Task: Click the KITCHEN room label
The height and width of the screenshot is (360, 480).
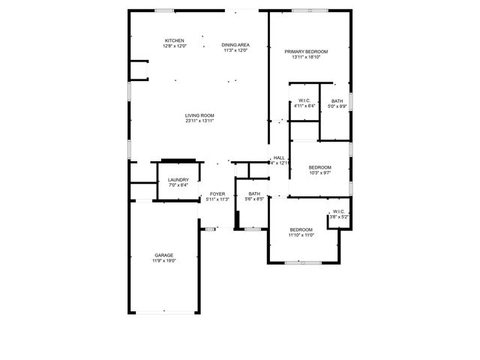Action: click(175, 40)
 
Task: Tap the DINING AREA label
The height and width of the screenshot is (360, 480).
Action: click(235, 45)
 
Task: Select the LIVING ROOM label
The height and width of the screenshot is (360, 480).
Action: click(200, 115)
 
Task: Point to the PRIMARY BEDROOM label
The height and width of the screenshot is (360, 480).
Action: click(306, 51)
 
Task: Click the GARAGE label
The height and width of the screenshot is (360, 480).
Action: click(163, 256)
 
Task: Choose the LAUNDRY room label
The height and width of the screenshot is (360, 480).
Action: click(178, 179)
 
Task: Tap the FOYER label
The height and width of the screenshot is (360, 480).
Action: click(217, 194)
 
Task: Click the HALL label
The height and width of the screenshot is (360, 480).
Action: click(279, 157)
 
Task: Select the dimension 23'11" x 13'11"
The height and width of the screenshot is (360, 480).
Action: click(200, 121)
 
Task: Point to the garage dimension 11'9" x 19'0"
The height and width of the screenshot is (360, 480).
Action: click(163, 261)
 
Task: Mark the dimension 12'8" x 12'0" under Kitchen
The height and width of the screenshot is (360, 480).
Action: click(175, 46)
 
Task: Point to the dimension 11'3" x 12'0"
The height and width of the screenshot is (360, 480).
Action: click(235, 50)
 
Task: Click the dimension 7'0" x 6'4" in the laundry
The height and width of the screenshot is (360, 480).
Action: click(178, 184)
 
